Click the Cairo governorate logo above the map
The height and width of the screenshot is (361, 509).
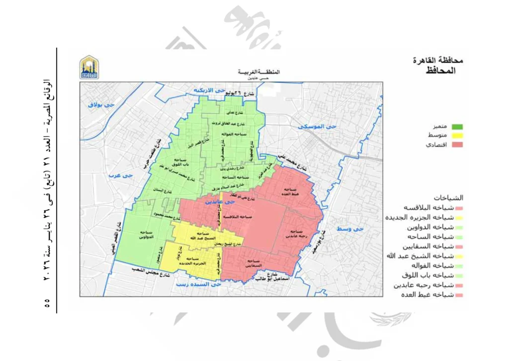click(89, 67)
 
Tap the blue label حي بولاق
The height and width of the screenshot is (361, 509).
click(101, 105)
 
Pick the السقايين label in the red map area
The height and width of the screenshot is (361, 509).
click(254, 263)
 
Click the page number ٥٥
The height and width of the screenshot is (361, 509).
click(48, 302)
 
